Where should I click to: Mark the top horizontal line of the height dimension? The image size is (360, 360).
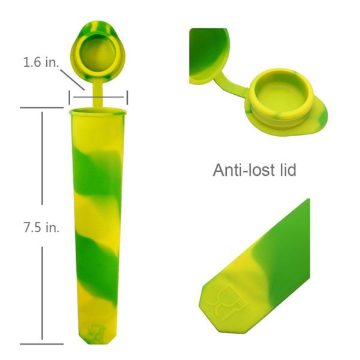(42, 108)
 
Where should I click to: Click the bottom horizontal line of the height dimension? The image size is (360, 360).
(42, 344)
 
